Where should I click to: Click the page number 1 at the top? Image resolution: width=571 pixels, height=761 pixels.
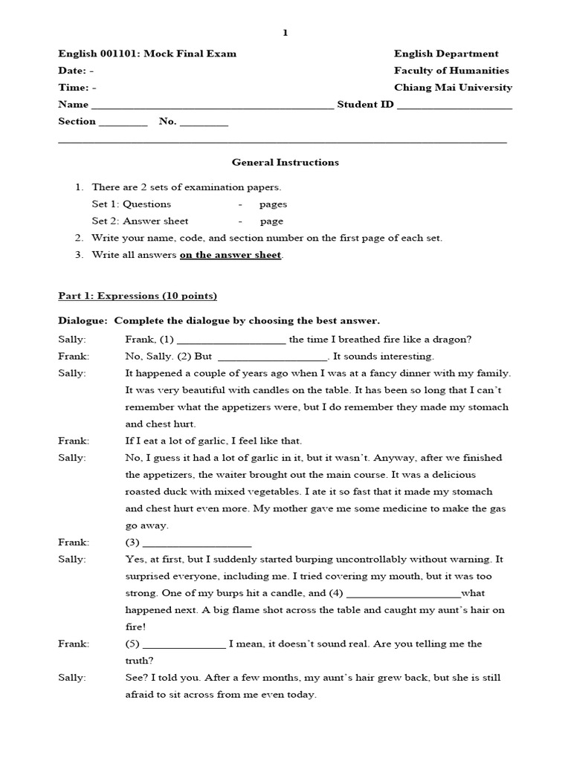(x=285, y=33)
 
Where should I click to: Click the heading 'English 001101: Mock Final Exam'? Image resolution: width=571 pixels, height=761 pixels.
(x=147, y=54)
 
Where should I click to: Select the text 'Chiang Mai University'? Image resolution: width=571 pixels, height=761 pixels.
(x=453, y=87)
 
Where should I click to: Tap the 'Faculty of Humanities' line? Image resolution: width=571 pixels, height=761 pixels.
(x=451, y=71)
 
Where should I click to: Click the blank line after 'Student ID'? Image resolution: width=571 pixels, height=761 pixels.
(x=454, y=106)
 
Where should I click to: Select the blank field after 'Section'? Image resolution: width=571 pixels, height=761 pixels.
(x=123, y=123)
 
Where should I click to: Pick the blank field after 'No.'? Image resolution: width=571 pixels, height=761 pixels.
(x=204, y=123)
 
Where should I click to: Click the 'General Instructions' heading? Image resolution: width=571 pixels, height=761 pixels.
(x=285, y=161)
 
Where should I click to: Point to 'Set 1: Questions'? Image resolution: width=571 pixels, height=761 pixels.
(x=132, y=204)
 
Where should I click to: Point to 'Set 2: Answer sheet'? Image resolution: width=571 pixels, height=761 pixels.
(x=140, y=221)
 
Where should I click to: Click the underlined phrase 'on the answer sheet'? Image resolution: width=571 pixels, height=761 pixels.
(x=230, y=255)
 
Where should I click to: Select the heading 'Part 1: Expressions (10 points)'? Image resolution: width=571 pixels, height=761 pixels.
(x=138, y=296)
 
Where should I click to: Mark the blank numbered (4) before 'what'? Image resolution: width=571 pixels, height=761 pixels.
(x=404, y=595)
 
